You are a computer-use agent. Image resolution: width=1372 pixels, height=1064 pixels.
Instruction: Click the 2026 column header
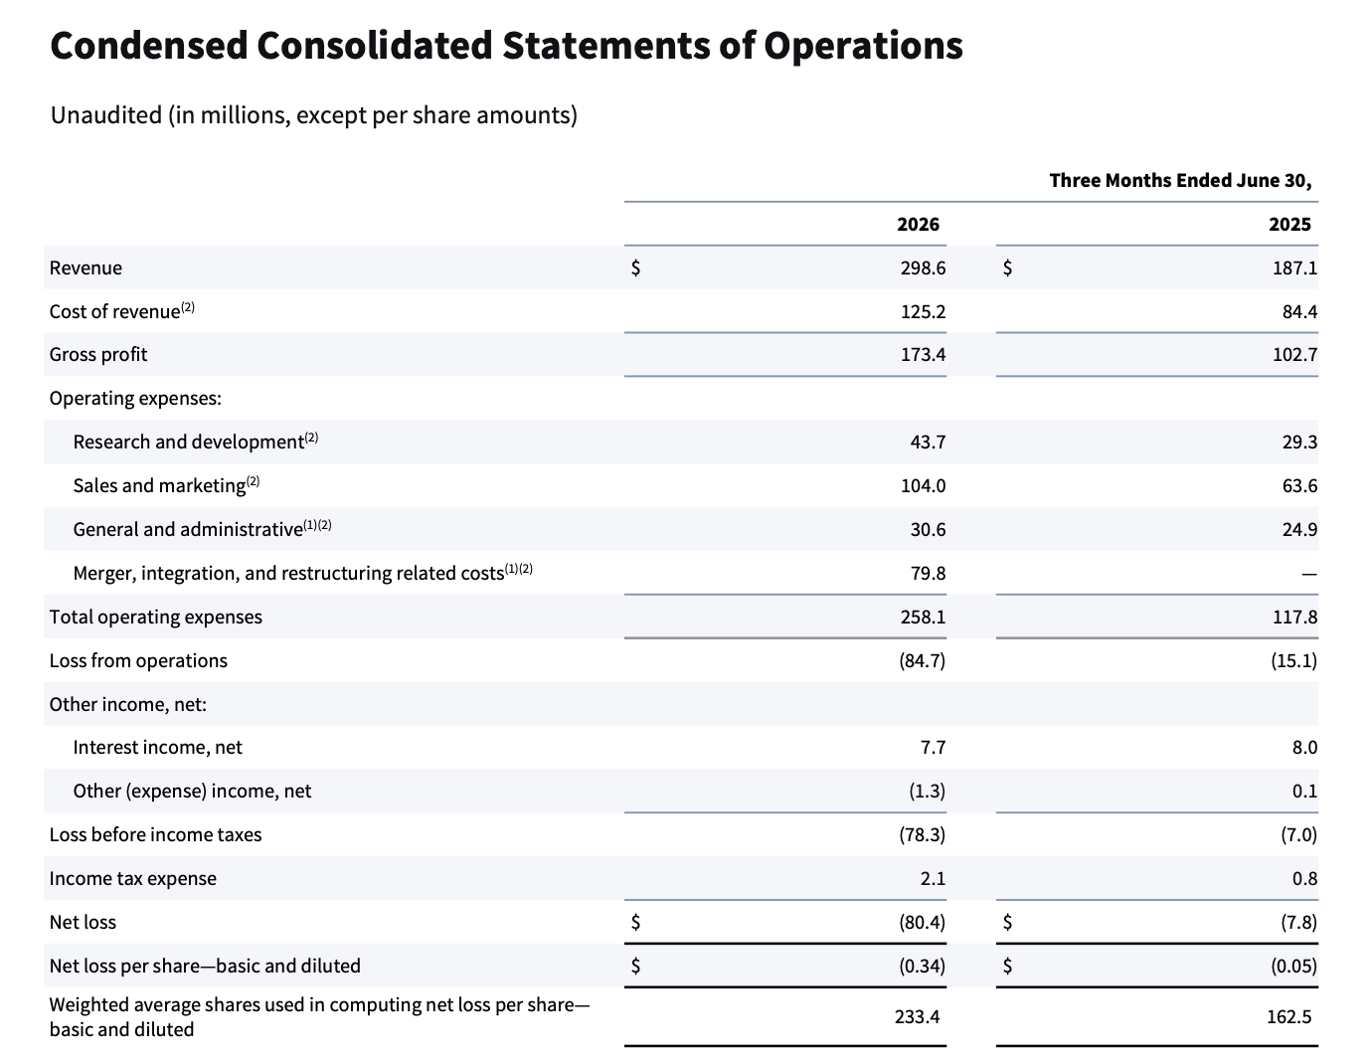pyautogui.click(x=918, y=224)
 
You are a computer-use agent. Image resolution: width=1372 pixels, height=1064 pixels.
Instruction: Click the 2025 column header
pyautogui.click(x=1289, y=224)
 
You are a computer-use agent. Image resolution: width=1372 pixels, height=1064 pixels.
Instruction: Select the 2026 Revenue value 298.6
pyautogui.click(x=923, y=267)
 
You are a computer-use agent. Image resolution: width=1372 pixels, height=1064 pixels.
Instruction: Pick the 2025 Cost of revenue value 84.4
pyautogui.click(x=1299, y=311)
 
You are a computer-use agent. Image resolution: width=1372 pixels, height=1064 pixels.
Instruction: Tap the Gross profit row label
pyautogui.click(x=97, y=355)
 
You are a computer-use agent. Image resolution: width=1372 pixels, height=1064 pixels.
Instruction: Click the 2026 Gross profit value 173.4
pyautogui.click(x=923, y=354)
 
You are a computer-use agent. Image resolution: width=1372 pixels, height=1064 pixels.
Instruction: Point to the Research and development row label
pyautogui.click(x=188, y=442)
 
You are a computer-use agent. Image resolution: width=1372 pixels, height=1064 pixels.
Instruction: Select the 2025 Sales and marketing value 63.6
pyautogui.click(x=1299, y=485)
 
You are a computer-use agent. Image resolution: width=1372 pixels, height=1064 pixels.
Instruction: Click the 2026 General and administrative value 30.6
pyautogui.click(x=928, y=529)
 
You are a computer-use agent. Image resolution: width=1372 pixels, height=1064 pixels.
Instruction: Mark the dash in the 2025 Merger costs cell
pyautogui.click(x=1308, y=574)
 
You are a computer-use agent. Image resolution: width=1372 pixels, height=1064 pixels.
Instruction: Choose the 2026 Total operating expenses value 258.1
pyautogui.click(x=923, y=617)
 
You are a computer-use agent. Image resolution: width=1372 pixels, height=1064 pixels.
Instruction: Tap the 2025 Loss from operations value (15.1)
pyautogui.click(x=1293, y=660)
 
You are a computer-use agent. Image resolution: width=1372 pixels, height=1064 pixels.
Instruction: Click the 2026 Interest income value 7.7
pyautogui.click(x=933, y=747)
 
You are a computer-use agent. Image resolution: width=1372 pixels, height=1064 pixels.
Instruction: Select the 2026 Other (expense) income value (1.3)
pyautogui.click(x=927, y=792)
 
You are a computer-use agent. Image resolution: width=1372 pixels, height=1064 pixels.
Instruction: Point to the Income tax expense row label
pyautogui.click(x=132, y=878)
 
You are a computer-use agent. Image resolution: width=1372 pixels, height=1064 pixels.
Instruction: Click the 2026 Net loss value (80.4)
pyautogui.click(x=922, y=923)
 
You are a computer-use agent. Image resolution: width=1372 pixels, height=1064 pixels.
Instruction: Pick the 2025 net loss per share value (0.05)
pyautogui.click(x=1293, y=967)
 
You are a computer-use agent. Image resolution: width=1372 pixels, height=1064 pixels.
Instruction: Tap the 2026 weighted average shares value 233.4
pyautogui.click(x=917, y=1016)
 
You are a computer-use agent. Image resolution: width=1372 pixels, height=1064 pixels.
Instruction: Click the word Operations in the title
pyautogui.click(x=863, y=46)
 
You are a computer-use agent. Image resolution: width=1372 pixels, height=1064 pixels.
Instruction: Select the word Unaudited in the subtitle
pyautogui.click(x=106, y=115)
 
